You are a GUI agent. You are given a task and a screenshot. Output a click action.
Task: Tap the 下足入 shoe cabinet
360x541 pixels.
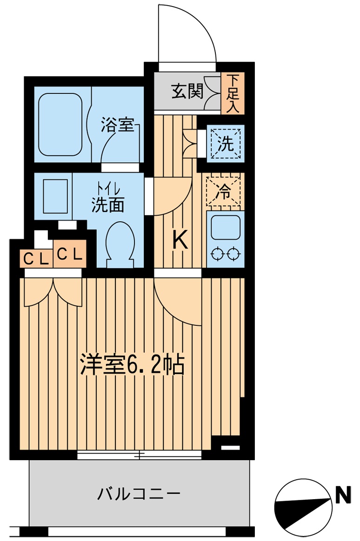(x=233, y=93)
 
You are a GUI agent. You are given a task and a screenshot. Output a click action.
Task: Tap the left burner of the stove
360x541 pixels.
(x=217, y=254)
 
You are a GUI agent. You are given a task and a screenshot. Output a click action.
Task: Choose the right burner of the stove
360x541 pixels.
(x=234, y=254)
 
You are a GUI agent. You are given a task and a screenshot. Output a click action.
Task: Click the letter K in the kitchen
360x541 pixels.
(x=180, y=240)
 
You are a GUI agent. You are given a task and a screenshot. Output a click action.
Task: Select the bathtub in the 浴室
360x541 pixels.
(x=60, y=125)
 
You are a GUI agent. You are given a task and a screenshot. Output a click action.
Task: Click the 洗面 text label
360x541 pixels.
(x=107, y=205)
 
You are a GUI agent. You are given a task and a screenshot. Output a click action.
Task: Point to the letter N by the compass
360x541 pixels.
(x=343, y=496)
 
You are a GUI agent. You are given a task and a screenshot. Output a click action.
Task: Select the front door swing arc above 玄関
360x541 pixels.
(x=187, y=33)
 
